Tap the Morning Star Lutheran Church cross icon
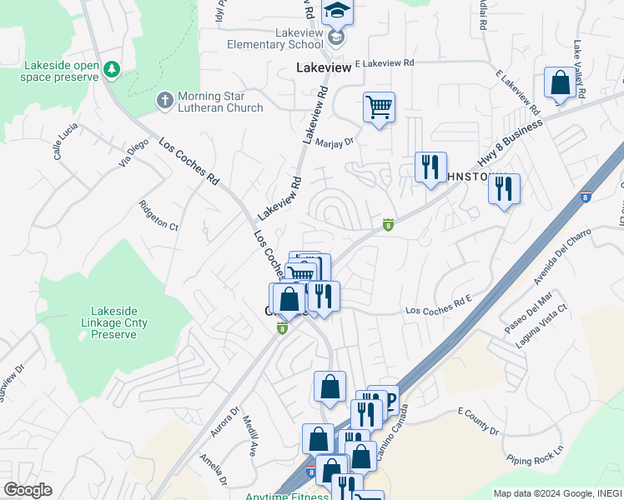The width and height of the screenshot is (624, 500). [164, 101]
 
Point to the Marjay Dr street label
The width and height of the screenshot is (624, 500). [335, 142]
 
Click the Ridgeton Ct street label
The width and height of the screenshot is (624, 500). [159, 215]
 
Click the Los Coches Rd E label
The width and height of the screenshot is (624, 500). [439, 310]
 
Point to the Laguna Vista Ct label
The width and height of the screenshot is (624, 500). [541, 319]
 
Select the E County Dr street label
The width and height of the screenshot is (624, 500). [477, 420]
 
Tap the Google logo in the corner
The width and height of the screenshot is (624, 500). [28, 490]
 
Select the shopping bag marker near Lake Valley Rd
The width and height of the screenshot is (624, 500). [560, 82]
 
